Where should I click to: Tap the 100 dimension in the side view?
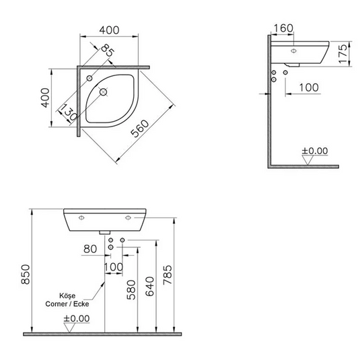point(309,87)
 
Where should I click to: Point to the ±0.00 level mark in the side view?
point(314,151)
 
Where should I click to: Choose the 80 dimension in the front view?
point(91,250)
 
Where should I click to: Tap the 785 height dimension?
point(169,273)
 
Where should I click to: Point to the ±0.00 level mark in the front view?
point(76,318)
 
